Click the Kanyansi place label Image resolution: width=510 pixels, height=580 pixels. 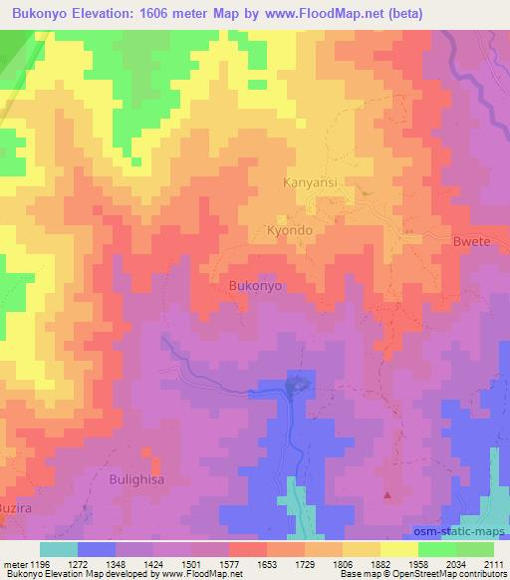pyautogui.click(x=313, y=182)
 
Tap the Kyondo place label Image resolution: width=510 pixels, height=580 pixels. pyautogui.click(x=290, y=229)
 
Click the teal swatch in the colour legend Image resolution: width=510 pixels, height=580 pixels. pyautogui.click(x=59, y=549)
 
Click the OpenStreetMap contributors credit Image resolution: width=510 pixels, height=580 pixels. pyautogui.click(x=457, y=575)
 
